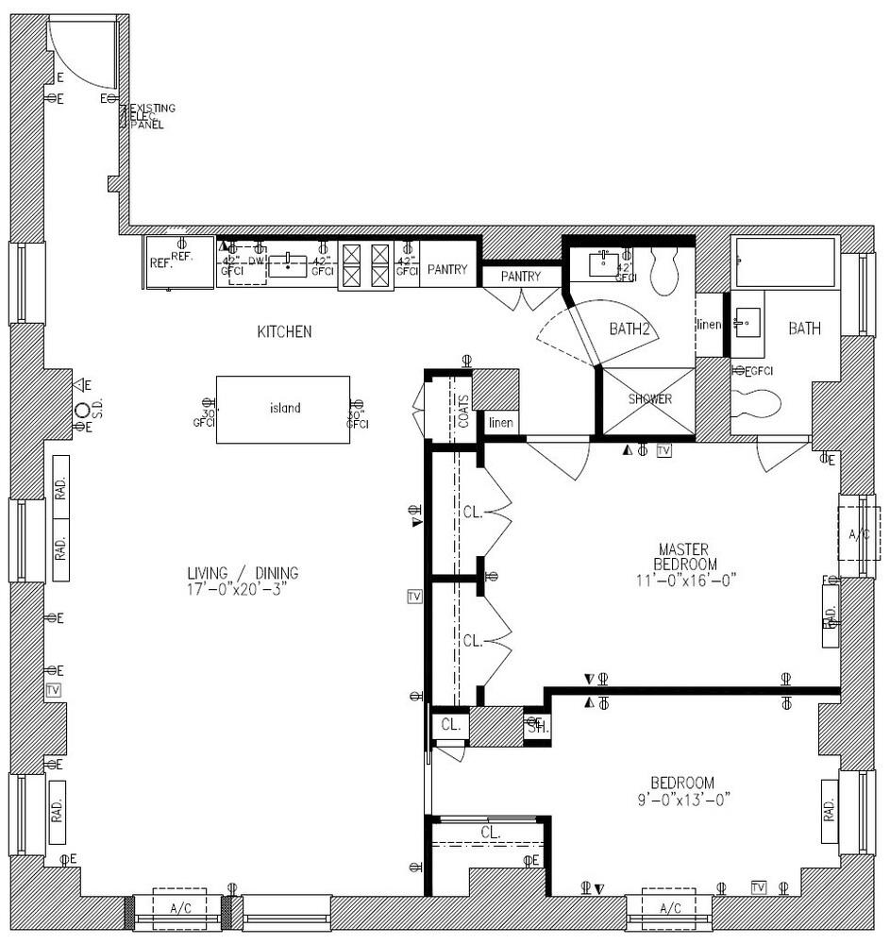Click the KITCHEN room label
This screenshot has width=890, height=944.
click(284, 331)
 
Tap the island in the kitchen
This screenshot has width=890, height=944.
click(283, 409)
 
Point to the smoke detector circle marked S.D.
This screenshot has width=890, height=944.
click(82, 410)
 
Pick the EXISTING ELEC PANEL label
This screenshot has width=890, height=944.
click(151, 116)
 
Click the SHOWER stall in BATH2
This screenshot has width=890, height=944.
click(650, 399)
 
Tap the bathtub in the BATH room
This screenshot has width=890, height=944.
click(785, 262)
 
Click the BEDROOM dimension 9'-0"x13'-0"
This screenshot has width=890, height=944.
click(682, 799)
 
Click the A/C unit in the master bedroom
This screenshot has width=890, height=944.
click(858, 535)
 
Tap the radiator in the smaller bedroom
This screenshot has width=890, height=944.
click(829, 810)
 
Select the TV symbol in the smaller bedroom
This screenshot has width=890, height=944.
click(758, 886)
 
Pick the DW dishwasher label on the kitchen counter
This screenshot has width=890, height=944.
click(255, 261)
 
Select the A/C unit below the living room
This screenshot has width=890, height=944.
click(179, 907)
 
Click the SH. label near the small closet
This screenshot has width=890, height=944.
click(536, 727)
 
